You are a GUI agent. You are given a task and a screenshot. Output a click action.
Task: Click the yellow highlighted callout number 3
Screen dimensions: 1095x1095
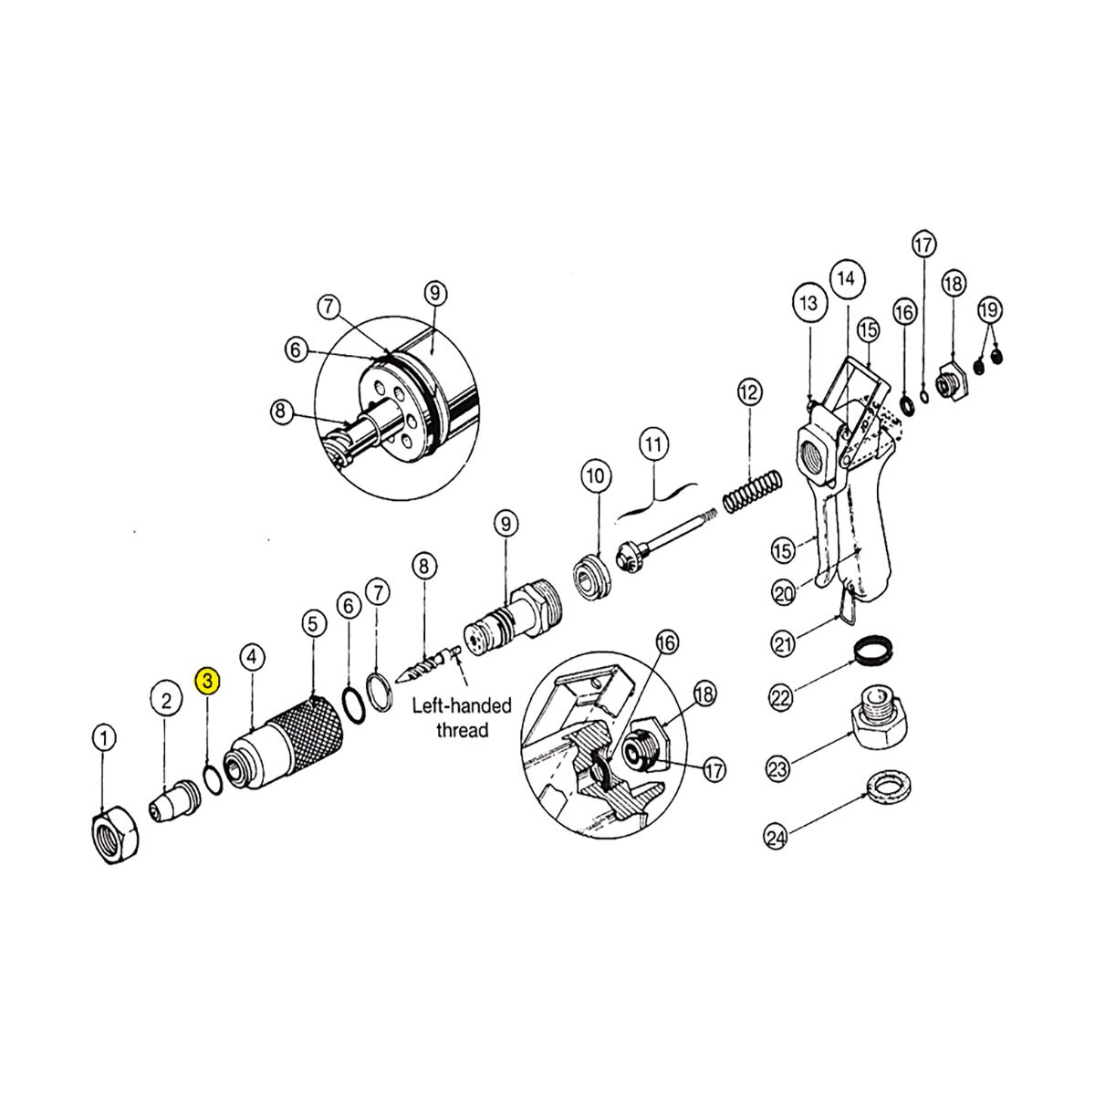pos(207,680)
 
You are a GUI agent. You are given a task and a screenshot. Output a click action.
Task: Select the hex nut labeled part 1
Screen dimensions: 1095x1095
pos(115,834)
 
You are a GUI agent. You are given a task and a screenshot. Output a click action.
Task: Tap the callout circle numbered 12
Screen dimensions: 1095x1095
pos(749,392)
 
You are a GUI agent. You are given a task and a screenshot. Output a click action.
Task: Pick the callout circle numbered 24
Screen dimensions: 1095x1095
pos(777,838)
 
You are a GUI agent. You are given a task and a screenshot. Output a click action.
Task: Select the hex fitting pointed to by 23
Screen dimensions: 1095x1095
pos(879,716)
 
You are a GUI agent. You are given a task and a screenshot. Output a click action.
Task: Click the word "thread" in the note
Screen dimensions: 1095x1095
pos(463,731)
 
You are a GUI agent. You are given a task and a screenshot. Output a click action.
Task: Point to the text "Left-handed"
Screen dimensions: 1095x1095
pos(462,705)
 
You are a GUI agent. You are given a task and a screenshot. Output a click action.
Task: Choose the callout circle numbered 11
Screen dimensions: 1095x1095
pos(653,443)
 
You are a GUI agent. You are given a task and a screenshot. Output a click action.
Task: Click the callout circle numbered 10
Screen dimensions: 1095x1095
pos(596,475)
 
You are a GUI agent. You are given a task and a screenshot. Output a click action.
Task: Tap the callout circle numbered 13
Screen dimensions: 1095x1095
pos(808,303)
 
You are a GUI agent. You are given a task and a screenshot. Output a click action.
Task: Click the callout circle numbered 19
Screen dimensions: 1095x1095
pos(990,309)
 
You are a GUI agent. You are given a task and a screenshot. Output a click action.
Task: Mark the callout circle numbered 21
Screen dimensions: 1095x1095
pos(783,644)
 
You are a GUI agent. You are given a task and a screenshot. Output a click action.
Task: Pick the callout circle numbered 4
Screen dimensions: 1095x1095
pos(252,657)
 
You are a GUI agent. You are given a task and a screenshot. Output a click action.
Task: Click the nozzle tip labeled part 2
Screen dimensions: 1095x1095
pos(175,800)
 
